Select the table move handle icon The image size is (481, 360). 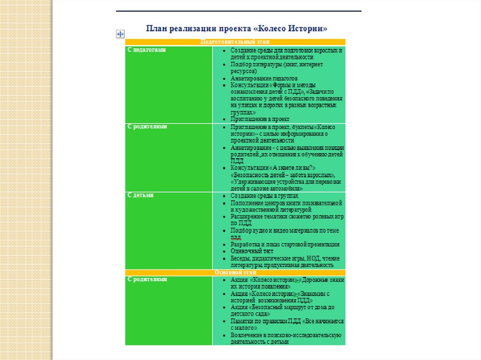coord(119,34)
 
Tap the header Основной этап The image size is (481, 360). coord(235,272)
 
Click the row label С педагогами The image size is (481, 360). coord(146,49)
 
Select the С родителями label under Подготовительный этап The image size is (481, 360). coord(147,127)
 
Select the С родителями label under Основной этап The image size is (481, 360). coord(147,279)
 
